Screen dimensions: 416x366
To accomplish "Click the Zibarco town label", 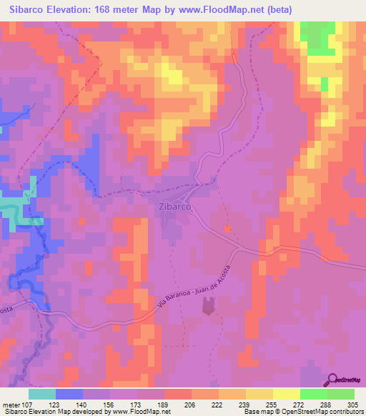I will tap(172, 207).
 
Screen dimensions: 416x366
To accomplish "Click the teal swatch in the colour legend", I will tap(42, 394).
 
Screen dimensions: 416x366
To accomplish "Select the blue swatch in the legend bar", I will tap(69, 394).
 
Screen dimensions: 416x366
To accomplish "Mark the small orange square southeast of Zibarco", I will tap(228, 229).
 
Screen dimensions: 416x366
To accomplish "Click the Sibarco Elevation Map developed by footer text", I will tap(57, 412).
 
